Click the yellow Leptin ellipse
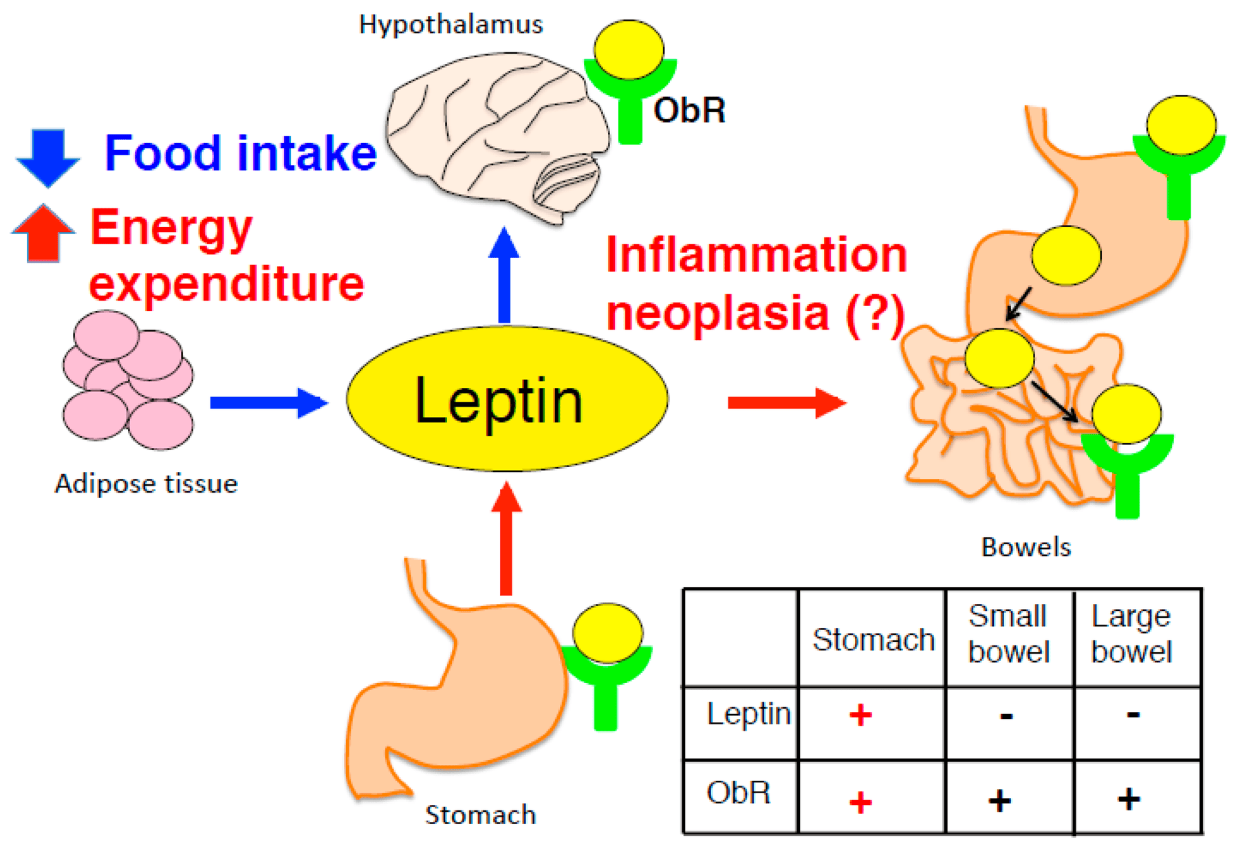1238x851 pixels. click(507, 399)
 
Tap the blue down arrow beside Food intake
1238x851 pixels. click(48, 157)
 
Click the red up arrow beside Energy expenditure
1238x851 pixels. click(43, 234)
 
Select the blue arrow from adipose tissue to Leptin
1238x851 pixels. click(268, 402)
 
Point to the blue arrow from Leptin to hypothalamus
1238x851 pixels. click(504, 275)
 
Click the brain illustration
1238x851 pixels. click(495, 138)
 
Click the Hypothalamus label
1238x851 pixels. click(451, 25)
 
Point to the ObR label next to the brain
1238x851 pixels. click(689, 110)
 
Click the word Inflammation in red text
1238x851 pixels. click(757, 255)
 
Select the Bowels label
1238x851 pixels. click(1025, 547)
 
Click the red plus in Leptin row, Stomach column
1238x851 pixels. click(860, 715)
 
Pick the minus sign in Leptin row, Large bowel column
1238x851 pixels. click(1133, 715)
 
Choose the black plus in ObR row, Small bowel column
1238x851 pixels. click(999, 800)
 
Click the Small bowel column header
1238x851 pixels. click(1008, 634)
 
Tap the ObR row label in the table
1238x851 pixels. click(738, 793)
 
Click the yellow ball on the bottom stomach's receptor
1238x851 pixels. click(607, 633)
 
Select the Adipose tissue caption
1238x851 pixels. click(146, 484)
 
